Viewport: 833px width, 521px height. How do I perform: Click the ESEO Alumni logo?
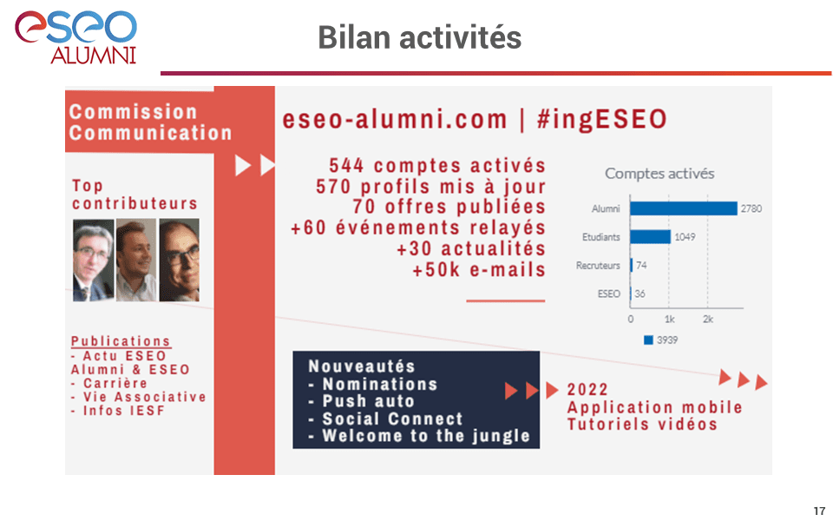click(x=76, y=37)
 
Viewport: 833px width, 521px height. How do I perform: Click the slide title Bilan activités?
click(x=420, y=37)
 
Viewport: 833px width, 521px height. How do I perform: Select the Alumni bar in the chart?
click(x=684, y=208)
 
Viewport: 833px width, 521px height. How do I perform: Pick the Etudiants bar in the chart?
click(x=650, y=236)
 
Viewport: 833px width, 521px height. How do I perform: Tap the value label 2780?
click(x=751, y=209)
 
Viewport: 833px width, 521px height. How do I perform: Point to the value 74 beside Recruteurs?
click(x=641, y=266)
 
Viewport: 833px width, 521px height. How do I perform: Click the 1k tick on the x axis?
click(x=669, y=319)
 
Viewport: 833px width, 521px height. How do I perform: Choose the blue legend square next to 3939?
click(x=648, y=340)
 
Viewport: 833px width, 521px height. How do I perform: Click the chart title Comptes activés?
click(x=659, y=174)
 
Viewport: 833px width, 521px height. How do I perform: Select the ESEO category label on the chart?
click(x=609, y=293)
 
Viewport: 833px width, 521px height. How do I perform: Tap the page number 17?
click(x=819, y=511)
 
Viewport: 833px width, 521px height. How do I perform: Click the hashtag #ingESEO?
click(x=602, y=119)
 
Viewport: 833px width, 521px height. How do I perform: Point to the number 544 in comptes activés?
click(x=346, y=165)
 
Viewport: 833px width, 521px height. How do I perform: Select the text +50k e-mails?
click(x=479, y=269)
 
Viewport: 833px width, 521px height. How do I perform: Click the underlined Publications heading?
click(x=121, y=341)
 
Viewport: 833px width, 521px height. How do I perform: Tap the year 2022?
click(x=587, y=389)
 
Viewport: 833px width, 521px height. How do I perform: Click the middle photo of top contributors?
click(x=136, y=260)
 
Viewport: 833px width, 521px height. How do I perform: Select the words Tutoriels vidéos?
click(x=642, y=425)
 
